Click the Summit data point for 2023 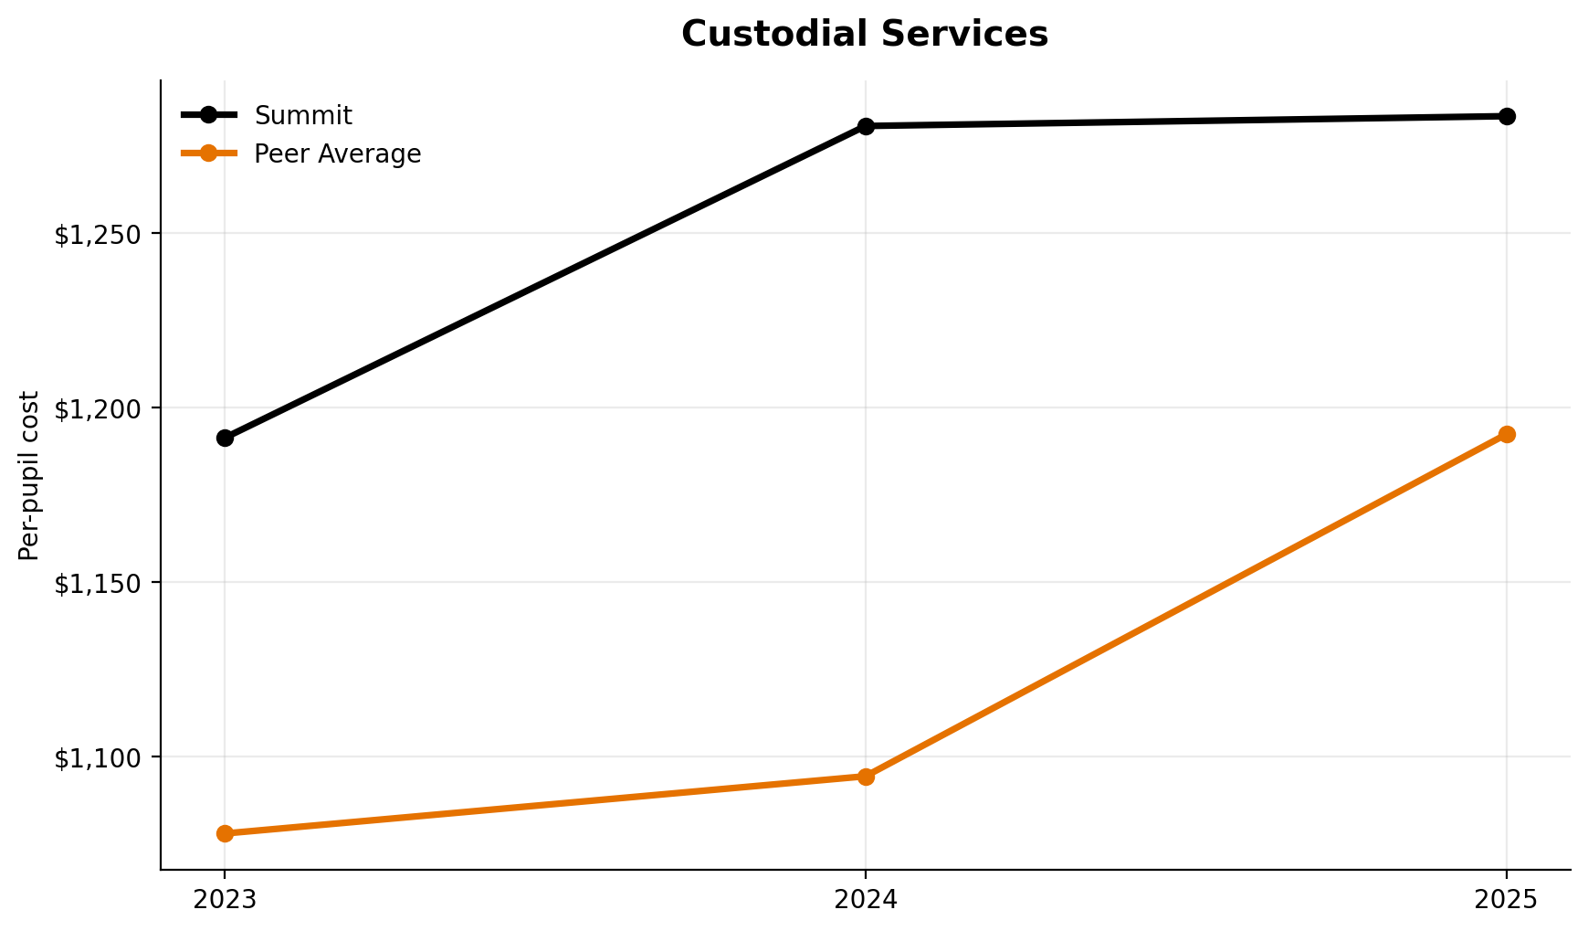[225, 438]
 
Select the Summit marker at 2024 [866, 126]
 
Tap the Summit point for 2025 [1507, 116]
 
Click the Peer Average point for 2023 [225, 833]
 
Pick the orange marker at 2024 [866, 777]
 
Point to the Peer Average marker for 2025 [1507, 434]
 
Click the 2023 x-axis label [225, 901]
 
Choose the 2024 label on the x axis [866, 901]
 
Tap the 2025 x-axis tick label [1507, 901]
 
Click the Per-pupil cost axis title [29, 475]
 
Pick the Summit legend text [303, 116]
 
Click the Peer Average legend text [338, 154]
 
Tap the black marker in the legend [209, 114]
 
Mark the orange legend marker [209, 153]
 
